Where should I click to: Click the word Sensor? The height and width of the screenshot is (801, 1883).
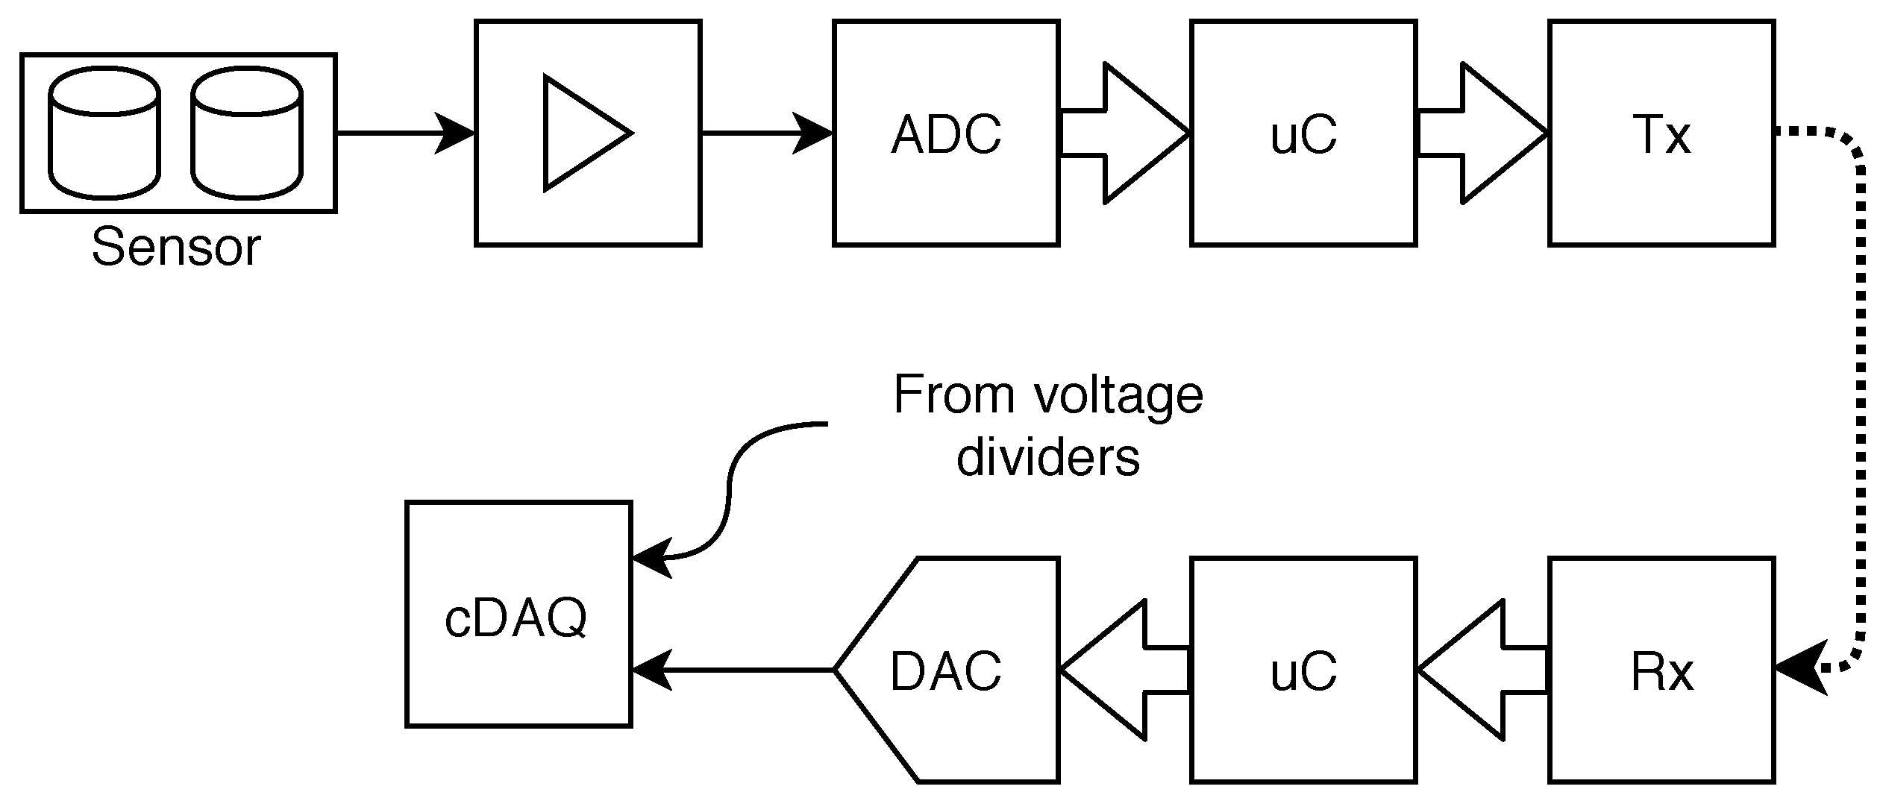point(176,248)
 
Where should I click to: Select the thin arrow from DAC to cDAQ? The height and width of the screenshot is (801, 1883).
point(731,670)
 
